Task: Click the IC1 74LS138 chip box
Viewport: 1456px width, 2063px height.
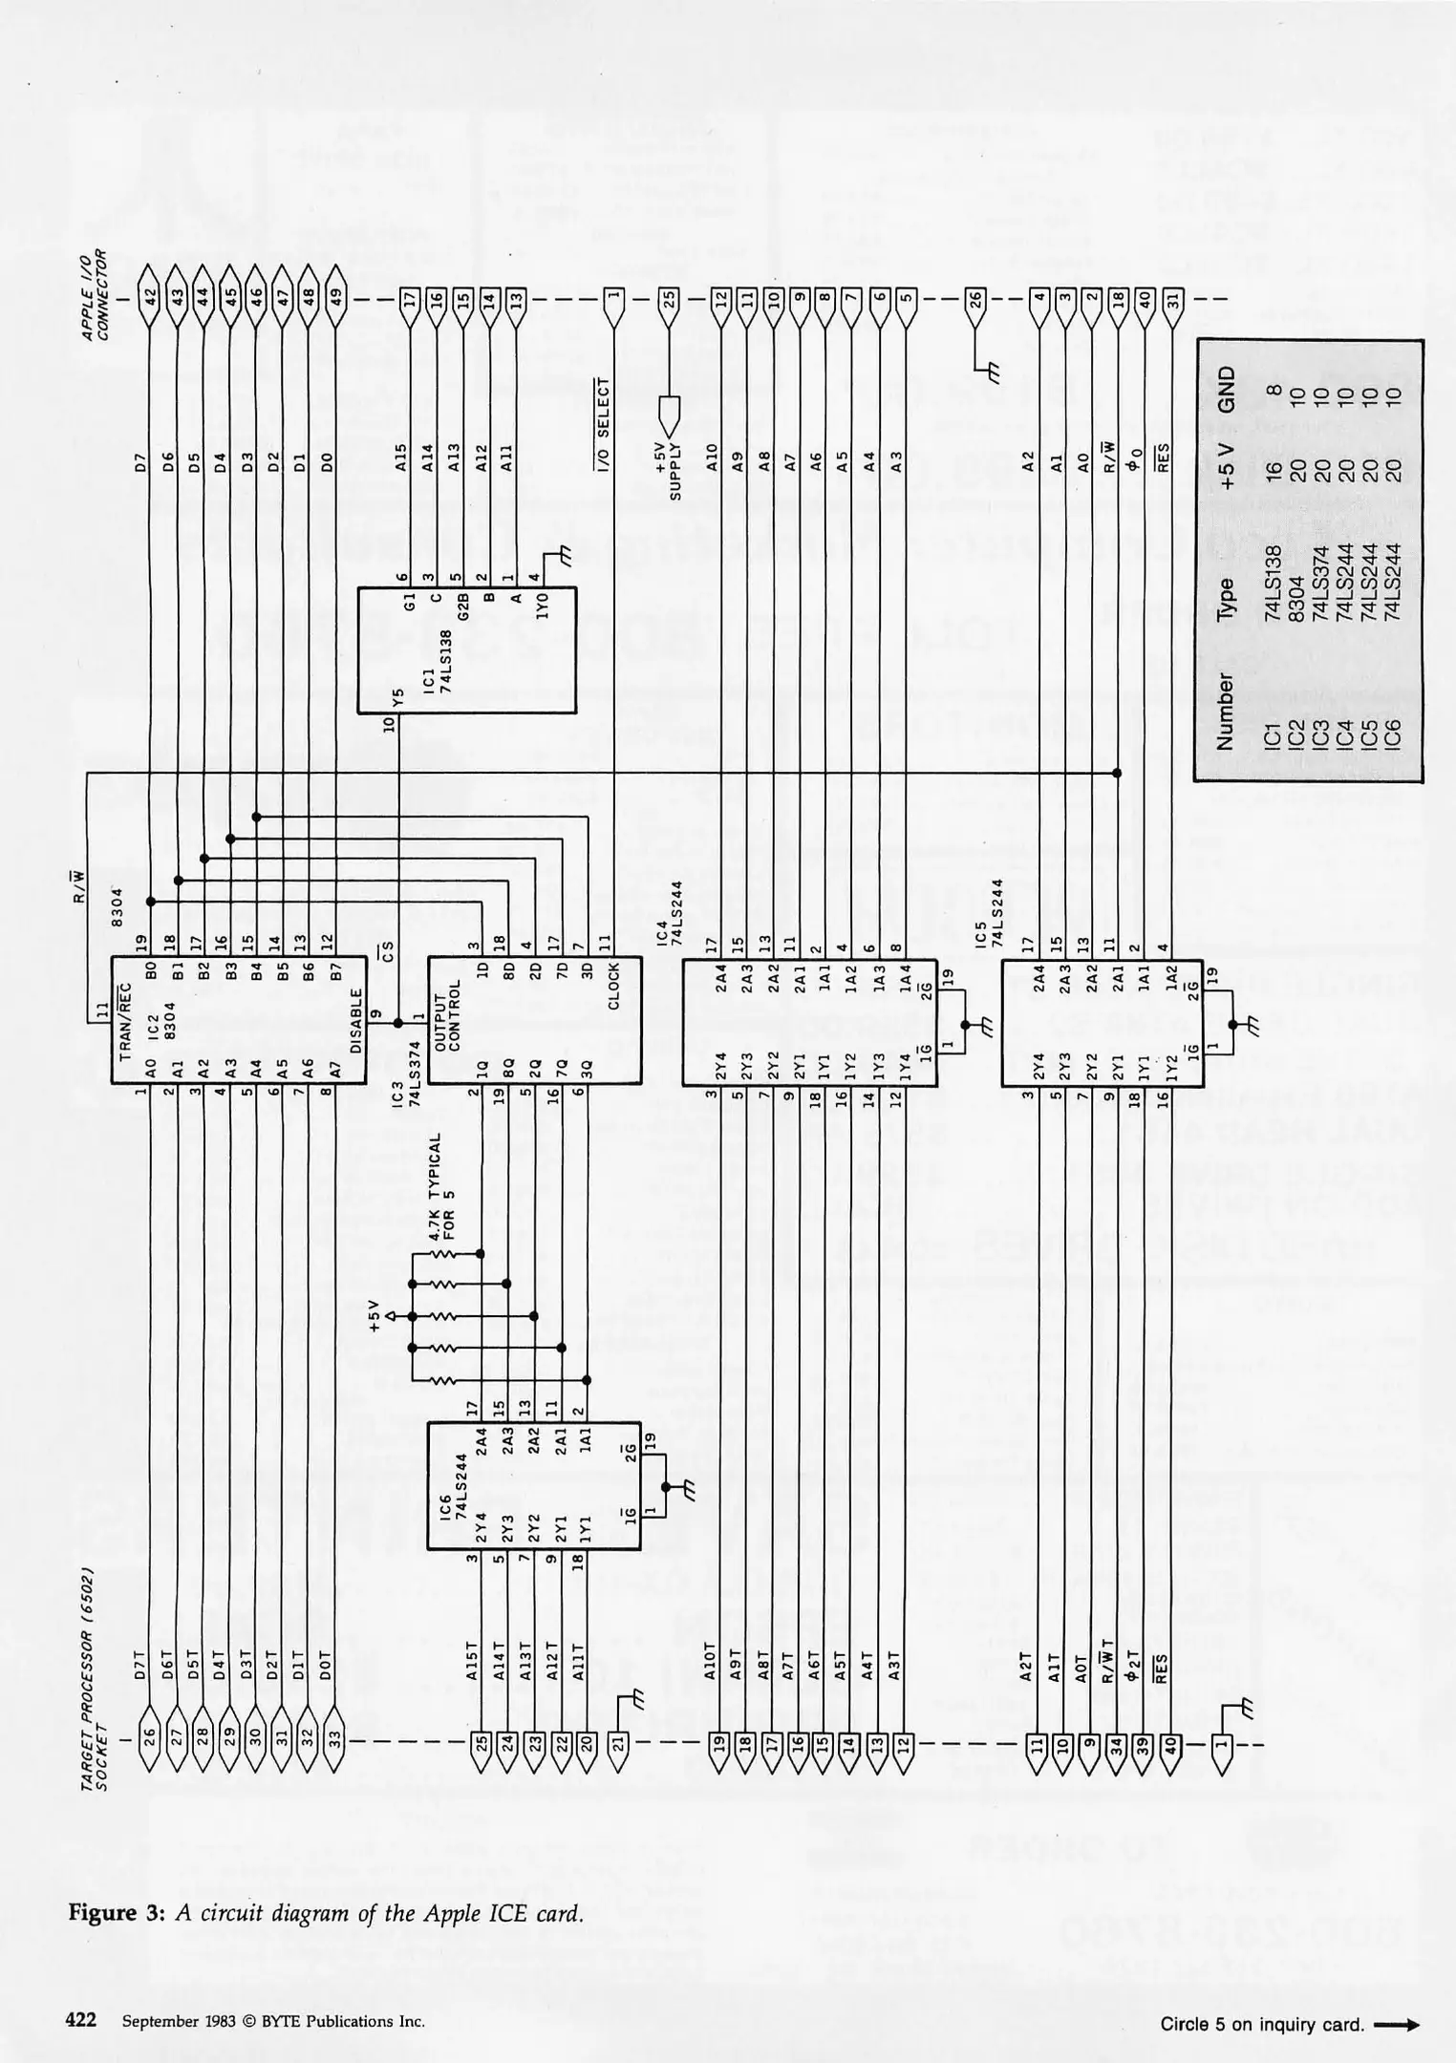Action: tap(466, 650)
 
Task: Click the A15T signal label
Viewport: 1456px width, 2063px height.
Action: tap(482, 1648)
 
